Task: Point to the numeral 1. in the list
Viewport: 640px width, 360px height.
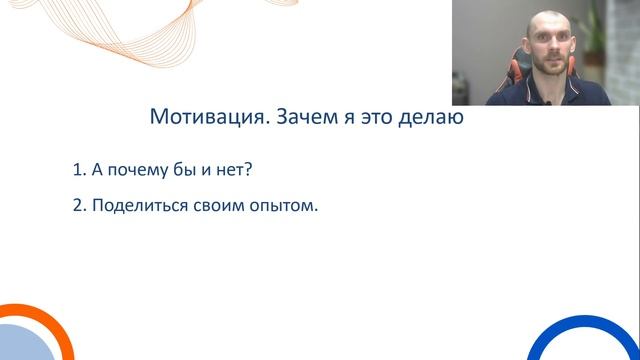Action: tap(79, 170)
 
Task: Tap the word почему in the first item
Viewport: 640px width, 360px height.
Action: tap(137, 170)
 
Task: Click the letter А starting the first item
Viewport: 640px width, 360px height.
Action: tap(97, 170)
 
